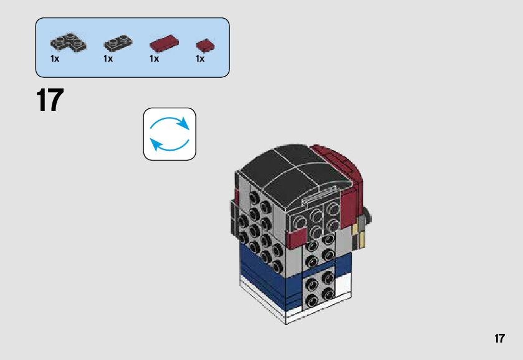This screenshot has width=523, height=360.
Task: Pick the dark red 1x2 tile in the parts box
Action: click(x=163, y=44)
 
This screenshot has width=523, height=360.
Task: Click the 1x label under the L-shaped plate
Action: click(x=55, y=59)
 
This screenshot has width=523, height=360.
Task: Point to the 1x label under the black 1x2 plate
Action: click(x=108, y=59)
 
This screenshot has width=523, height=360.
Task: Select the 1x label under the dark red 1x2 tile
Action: click(x=154, y=59)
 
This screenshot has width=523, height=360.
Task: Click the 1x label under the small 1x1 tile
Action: click(x=200, y=59)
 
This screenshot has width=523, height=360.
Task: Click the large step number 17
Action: click(x=50, y=101)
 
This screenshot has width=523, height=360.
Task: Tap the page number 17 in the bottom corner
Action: click(x=499, y=339)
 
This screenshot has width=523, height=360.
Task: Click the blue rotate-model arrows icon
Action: click(x=170, y=134)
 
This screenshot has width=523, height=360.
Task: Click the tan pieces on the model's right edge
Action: click(x=357, y=237)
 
